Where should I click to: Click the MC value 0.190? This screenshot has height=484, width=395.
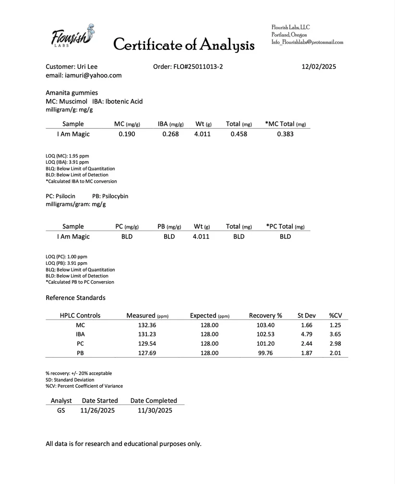(127, 134)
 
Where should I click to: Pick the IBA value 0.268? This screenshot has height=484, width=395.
(170, 134)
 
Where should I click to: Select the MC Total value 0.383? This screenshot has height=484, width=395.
(285, 134)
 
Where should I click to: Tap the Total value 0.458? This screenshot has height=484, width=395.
(239, 134)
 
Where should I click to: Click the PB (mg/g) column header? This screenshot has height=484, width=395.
(169, 226)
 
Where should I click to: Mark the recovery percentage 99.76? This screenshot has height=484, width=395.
(265, 353)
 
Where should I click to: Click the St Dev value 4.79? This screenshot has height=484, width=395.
(306, 335)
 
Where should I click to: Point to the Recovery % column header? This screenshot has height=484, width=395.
(265, 316)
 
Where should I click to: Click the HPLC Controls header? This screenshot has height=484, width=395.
(80, 316)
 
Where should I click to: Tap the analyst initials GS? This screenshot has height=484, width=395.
(61, 410)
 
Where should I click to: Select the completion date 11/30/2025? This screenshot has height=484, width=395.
(155, 410)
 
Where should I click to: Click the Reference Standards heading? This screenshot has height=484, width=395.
(75, 298)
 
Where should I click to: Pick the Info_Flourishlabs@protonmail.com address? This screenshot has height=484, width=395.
(307, 42)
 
